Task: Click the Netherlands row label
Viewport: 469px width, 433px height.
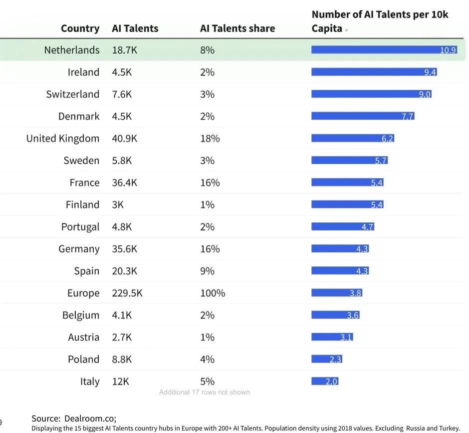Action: (72, 50)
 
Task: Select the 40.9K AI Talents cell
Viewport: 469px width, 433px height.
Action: (124, 138)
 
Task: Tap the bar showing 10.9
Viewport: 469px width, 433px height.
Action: (384, 50)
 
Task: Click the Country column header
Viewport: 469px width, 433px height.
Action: (80, 28)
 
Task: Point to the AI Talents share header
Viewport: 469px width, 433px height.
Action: (237, 28)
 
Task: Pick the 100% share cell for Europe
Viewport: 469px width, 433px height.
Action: (213, 293)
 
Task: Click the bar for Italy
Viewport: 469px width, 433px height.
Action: (325, 381)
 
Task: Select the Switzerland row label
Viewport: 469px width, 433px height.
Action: (72, 94)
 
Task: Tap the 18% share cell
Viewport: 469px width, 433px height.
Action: (210, 138)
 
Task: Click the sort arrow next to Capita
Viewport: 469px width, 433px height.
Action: (346, 30)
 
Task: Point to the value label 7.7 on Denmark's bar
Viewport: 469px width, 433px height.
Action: (407, 116)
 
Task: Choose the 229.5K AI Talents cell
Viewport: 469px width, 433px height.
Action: (127, 293)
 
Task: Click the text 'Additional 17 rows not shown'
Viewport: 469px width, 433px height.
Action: (204, 392)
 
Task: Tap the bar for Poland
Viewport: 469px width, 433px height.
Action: (327, 359)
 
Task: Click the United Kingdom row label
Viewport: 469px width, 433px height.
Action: (62, 138)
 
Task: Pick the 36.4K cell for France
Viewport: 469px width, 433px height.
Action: (124, 182)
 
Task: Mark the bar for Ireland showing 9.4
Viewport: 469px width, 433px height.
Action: (374, 72)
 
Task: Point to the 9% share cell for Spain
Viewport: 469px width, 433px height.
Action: (207, 271)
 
